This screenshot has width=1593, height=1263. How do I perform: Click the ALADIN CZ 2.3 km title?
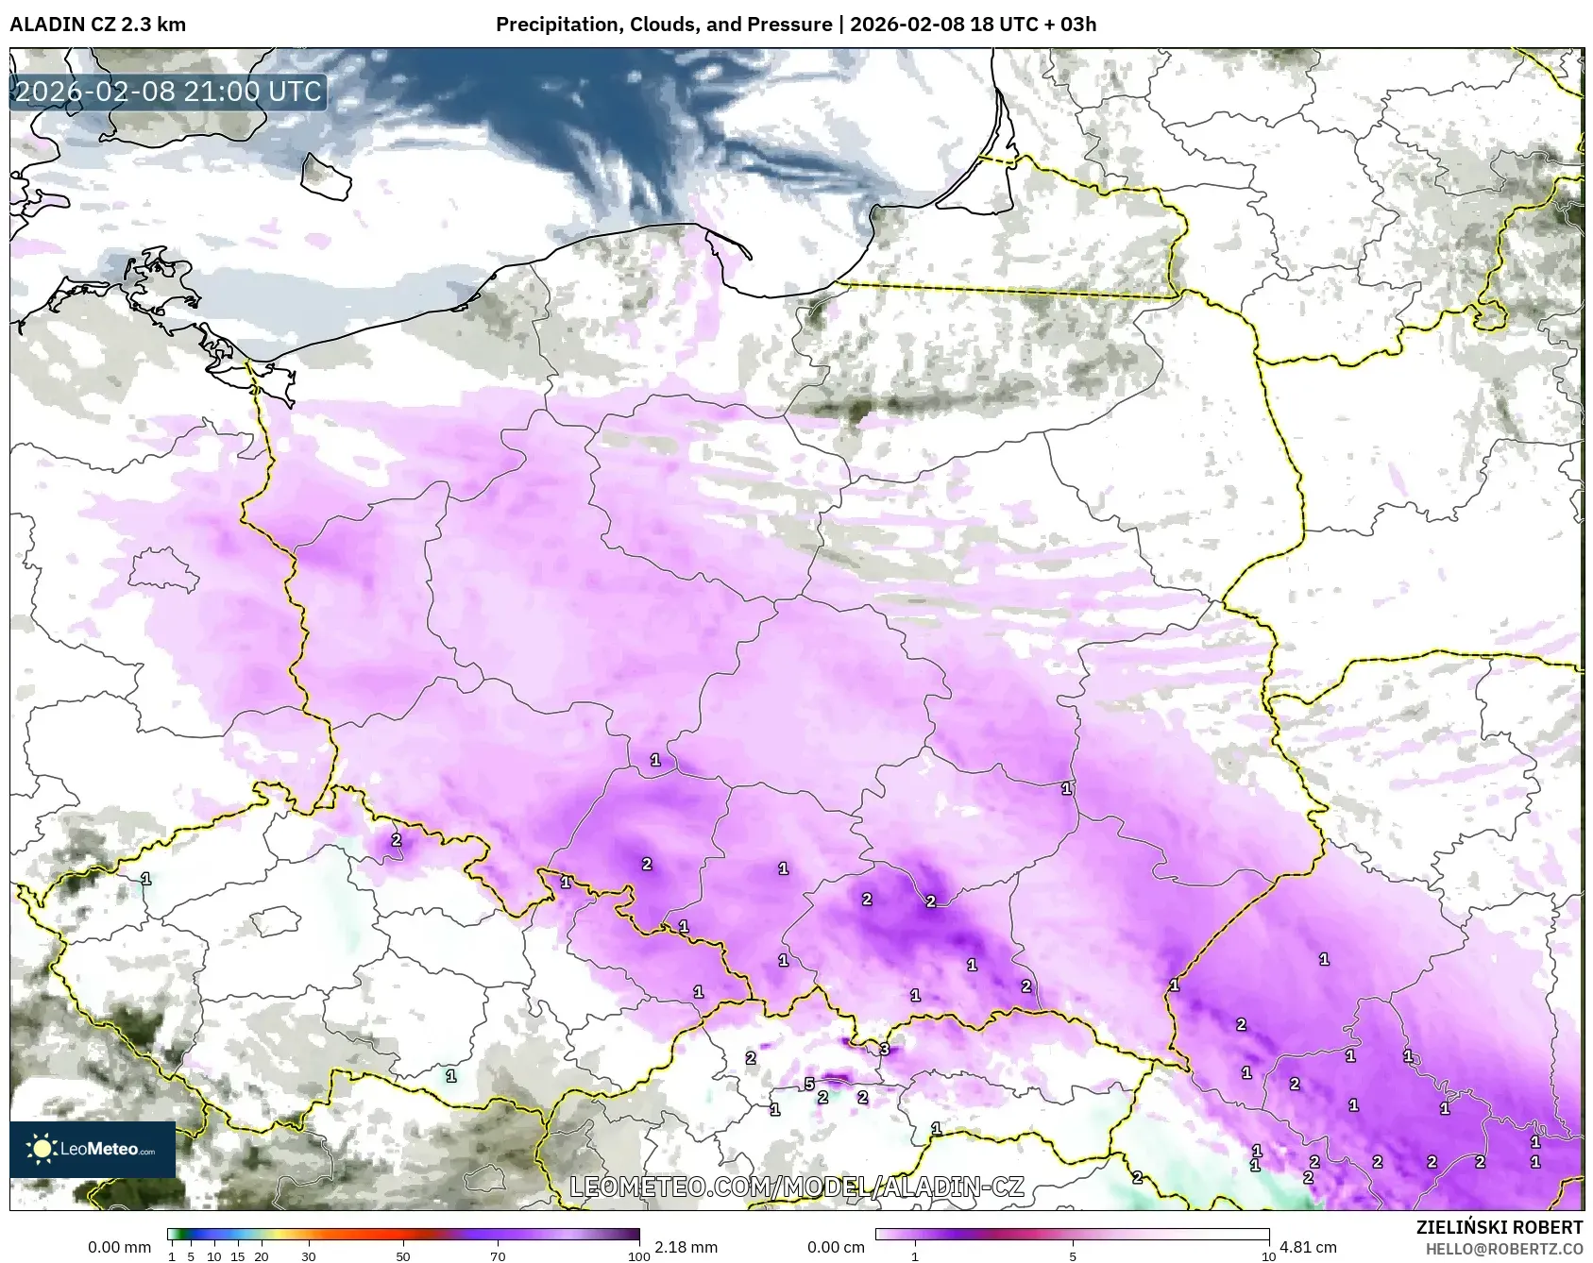(x=97, y=25)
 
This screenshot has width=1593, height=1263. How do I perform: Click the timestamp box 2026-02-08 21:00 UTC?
(x=168, y=92)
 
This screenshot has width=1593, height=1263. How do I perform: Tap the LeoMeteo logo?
(x=93, y=1149)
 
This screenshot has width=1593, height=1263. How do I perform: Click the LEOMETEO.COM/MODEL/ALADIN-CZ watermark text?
(x=796, y=1187)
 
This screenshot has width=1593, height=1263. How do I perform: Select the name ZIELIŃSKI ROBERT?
(x=1499, y=1227)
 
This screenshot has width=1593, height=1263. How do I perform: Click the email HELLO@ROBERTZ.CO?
(x=1503, y=1249)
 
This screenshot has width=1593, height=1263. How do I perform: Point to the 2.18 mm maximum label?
(x=686, y=1247)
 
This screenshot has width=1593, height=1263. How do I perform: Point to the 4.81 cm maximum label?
(x=1308, y=1247)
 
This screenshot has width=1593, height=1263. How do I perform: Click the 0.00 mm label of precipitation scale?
(x=119, y=1247)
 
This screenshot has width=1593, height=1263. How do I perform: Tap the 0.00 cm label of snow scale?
(x=836, y=1247)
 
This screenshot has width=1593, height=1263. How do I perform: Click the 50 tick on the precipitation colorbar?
(x=403, y=1255)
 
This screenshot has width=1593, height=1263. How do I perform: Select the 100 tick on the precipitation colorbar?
(x=639, y=1255)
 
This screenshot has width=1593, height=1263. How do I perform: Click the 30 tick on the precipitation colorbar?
(x=309, y=1255)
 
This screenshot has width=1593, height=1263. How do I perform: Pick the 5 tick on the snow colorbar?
(x=1073, y=1255)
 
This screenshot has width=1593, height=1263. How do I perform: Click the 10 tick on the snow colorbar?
(x=1269, y=1255)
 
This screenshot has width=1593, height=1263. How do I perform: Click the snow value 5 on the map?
(x=809, y=1084)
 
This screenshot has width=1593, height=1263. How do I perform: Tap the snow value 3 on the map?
(x=885, y=1049)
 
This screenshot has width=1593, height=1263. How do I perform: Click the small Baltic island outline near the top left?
(x=326, y=177)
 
